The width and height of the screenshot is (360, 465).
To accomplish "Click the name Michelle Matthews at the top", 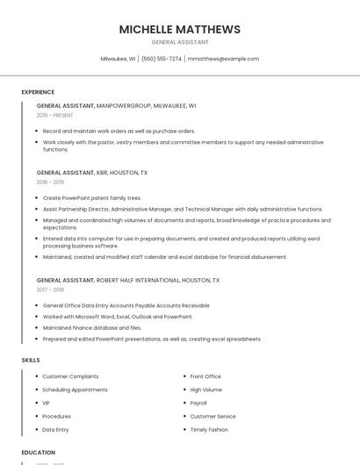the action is coord(180,29).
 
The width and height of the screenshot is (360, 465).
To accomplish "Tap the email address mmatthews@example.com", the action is coord(223,59).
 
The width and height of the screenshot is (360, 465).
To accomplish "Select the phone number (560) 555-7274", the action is coord(162,59).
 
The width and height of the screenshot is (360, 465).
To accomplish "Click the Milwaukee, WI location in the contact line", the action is coord(118,59).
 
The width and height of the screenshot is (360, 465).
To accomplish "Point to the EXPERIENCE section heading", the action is coord(38,92).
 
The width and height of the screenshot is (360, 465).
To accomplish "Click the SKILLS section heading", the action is coord(31,360).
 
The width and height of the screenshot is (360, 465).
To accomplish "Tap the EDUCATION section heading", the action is coord(39,453).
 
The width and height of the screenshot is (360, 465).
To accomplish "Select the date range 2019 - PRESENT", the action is coord(54,115).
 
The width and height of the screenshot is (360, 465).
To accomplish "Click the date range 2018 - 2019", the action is coord(50,182).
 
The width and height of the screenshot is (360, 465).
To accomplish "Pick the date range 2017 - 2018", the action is coord(50,290).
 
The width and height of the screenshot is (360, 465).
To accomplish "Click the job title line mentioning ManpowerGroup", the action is coord(116,105).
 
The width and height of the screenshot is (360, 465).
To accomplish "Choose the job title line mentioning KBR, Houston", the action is coord(92,173).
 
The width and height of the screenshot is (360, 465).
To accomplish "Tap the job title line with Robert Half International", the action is coord(128,280).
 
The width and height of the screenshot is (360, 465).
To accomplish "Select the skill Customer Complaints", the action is coord(70,376).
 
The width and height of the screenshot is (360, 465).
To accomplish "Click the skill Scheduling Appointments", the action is coord(75,390).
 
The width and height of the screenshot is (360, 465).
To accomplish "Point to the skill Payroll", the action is coord(198,403).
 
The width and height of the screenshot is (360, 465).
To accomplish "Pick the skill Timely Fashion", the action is coord(209,430).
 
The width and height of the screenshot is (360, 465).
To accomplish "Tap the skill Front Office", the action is coord(205,376).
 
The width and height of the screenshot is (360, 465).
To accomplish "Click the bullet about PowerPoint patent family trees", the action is coord(92,198).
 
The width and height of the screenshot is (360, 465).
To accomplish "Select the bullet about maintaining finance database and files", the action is coord(93,327).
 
